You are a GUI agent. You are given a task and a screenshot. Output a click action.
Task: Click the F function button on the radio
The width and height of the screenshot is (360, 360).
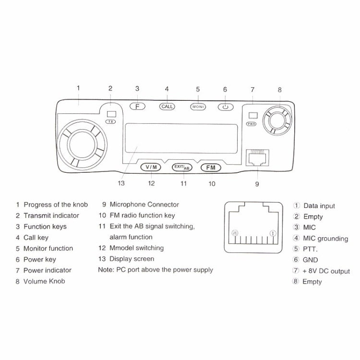pyautogui.click(x=137, y=107)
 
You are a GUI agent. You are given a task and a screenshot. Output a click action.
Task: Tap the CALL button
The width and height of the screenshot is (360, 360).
pyautogui.click(x=167, y=107)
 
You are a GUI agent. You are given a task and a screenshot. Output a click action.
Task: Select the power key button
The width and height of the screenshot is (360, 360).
pyautogui.click(x=225, y=107)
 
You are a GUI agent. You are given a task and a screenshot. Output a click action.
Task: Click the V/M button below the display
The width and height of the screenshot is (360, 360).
pyautogui.click(x=152, y=167)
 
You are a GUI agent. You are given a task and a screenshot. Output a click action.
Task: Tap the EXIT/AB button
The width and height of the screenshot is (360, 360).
pyautogui.click(x=182, y=167)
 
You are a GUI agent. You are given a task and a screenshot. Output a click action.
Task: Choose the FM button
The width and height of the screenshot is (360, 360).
pyautogui.click(x=210, y=167)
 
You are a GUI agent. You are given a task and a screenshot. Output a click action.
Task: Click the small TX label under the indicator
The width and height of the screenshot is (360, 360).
pyautogui.click(x=111, y=122)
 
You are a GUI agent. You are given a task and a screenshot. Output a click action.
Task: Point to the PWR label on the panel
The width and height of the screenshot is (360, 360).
pyautogui.click(x=251, y=123)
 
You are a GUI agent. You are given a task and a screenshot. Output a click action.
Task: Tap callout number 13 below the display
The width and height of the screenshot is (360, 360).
pyautogui.click(x=121, y=183)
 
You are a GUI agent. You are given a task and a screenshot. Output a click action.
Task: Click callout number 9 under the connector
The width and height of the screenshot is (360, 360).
pyautogui.click(x=256, y=183)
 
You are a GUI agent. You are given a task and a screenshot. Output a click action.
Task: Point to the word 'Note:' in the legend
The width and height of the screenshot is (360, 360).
pyautogui.click(x=106, y=270)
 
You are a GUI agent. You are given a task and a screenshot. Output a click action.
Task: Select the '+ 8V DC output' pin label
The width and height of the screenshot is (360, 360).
pyautogui.click(x=326, y=271)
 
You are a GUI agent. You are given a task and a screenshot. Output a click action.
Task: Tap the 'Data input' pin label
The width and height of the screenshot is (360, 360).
pyautogui.click(x=319, y=206)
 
